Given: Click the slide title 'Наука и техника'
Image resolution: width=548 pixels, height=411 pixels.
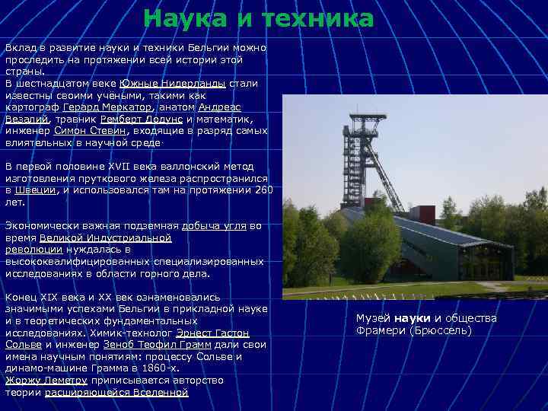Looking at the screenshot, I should (x=259, y=19).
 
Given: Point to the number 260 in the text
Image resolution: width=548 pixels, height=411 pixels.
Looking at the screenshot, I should (x=263, y=190).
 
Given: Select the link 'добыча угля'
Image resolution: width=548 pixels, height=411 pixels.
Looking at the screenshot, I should (x=214, y=226).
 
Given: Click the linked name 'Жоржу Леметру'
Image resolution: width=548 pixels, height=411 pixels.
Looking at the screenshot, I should (x=46, y=380).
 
